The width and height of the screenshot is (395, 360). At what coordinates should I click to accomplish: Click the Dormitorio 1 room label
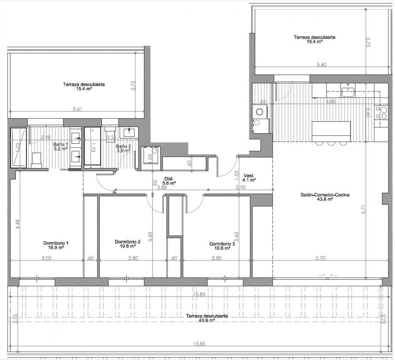pos(56,246)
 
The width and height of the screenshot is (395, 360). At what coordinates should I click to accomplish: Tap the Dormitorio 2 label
pos(128,244)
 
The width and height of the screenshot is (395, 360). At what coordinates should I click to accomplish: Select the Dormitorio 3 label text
pos(222,246)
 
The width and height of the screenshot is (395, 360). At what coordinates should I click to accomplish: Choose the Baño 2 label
pos(123,148)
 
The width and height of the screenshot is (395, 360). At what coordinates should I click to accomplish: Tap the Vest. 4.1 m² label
pos(249,178)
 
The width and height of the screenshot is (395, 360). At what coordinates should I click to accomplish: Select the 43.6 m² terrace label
pos(207,318)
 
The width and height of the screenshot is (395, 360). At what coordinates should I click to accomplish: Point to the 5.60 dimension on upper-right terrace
pos(321,65)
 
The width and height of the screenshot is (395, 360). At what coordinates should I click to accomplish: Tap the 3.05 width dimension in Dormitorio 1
pos(46,258)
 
